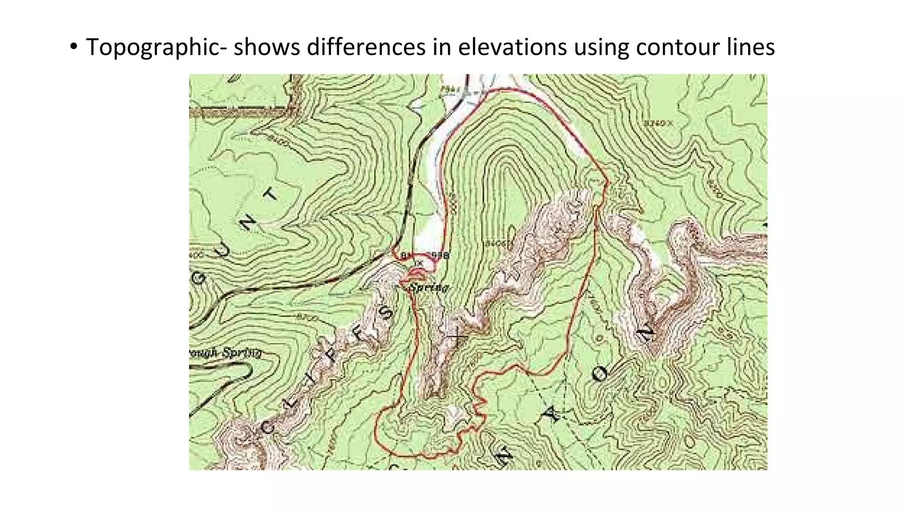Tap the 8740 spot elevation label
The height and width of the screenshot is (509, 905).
pos(657,123)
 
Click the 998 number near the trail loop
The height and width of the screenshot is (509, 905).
pos(440,255)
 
